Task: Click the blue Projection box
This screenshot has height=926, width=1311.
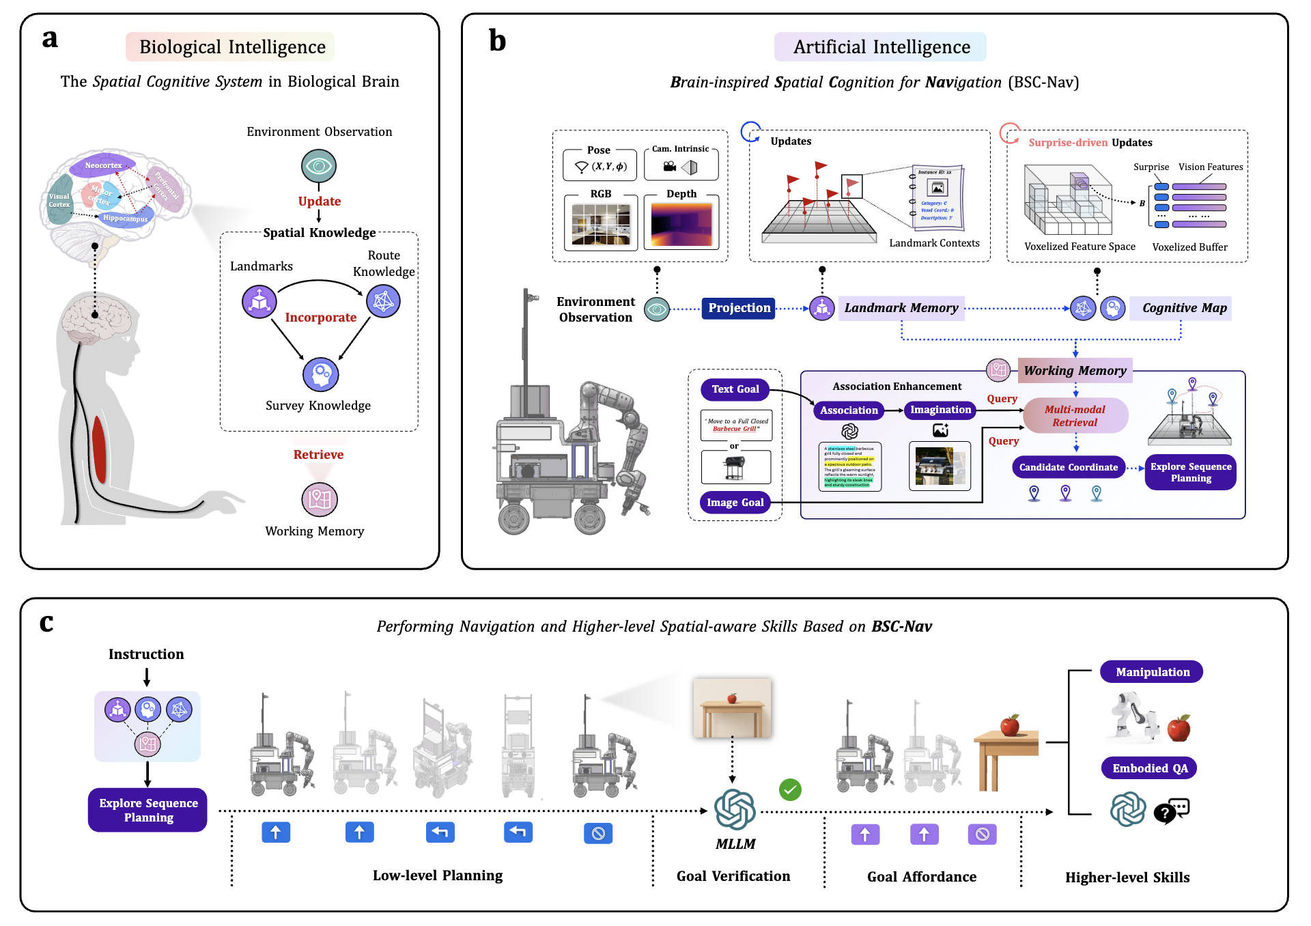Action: click(x=739, y=308)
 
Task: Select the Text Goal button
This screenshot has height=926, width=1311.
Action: click(x=735, y=389)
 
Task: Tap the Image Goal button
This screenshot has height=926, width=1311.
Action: click(x=735, y=503)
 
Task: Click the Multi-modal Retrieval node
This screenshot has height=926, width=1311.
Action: click(x=1075, y=416)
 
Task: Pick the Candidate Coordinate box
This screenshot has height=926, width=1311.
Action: click(x=1068, y=467)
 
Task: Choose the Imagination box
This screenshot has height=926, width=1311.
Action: click(x=940, y=410)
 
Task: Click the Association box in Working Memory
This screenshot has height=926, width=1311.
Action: click(x=849, y=410)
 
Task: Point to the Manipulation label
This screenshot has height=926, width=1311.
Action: click(x=1152, y=672)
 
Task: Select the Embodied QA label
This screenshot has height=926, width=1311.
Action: click(x=1150, y=768)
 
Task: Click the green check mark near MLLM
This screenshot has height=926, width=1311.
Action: click(x=790, y=790)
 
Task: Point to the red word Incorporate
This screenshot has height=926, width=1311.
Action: click(x=321, y=318)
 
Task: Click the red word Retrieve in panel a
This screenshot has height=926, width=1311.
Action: click(x=318, y=455)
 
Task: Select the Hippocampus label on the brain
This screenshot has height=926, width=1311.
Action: click(x=125, y=219)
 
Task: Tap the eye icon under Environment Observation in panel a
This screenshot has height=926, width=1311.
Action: click(x=319, y=166)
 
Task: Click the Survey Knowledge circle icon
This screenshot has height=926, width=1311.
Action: click(x=320, y=374)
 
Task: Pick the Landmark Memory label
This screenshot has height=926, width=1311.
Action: click(x=901, y=308)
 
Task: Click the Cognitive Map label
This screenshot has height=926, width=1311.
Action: click(x=1184, y=308)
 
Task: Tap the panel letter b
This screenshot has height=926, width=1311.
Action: click(x=498, y=40)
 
